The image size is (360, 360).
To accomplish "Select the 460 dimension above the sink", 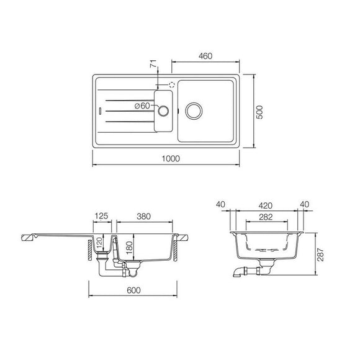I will click(205, 56).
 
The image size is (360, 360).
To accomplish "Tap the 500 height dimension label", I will click(261, 112).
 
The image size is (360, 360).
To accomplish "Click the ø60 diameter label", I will click(143, 106).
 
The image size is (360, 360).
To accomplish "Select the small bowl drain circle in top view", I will click(163, 111).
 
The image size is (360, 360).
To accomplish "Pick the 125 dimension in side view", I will click(102, 216).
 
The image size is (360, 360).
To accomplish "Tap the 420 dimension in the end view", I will click(267, 205).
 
